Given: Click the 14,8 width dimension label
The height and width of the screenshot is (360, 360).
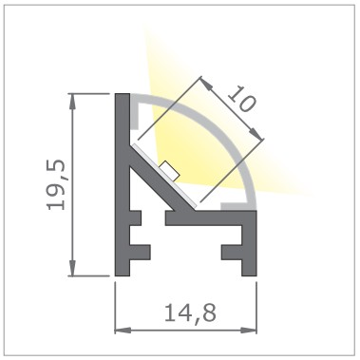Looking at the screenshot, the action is coord(191,313).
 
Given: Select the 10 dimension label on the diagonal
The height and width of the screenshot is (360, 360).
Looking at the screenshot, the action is coord(241,99).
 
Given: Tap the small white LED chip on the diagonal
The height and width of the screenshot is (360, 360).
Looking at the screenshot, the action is coord(170,171).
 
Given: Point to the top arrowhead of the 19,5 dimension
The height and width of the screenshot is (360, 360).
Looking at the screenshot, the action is coord(73,101).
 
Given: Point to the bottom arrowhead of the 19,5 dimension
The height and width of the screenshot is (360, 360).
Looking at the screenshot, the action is coord(73,269).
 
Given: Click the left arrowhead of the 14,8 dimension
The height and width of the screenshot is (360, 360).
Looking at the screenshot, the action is coord(123,331).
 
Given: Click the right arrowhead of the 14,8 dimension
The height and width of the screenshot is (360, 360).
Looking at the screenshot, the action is coord(249,331).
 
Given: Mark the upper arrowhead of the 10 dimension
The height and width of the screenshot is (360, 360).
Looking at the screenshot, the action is coord(206,83).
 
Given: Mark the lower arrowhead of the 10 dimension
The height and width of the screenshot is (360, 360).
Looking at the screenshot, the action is coord(257,133).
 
